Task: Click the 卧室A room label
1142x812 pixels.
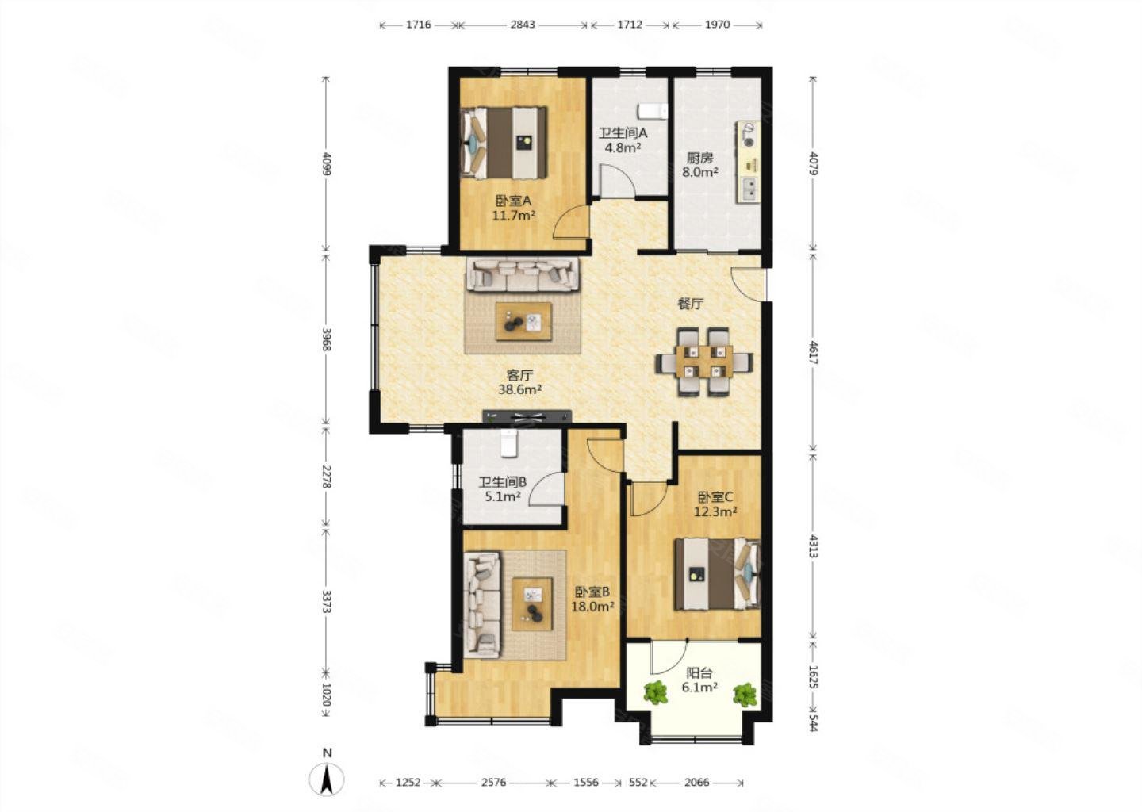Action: [513, 201]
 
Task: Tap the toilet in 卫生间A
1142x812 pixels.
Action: [653, 110]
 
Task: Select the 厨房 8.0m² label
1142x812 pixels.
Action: [700, 165]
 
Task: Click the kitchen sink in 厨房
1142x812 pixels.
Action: [749, 189]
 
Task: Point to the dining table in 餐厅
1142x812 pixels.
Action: [704, 362]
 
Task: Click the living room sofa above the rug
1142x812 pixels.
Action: [522, 274]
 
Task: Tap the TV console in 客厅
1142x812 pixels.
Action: [527, 416]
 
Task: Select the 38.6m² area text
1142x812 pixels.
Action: [519, 389]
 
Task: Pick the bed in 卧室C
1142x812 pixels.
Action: [717, 574]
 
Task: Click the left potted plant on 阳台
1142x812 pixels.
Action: [655, 692]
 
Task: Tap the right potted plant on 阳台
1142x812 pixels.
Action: [745, 695]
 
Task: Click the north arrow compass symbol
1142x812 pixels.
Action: [327, 779]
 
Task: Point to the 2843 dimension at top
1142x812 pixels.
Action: [523, 25]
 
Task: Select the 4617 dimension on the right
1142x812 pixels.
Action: [813, 352]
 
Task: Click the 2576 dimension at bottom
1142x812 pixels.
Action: [493, 782]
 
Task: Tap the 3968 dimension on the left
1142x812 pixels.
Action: [327, 338]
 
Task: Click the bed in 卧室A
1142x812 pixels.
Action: [504, 143]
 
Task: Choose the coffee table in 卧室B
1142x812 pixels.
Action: [532, 604]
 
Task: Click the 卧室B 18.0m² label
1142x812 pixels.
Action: [593, 599]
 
